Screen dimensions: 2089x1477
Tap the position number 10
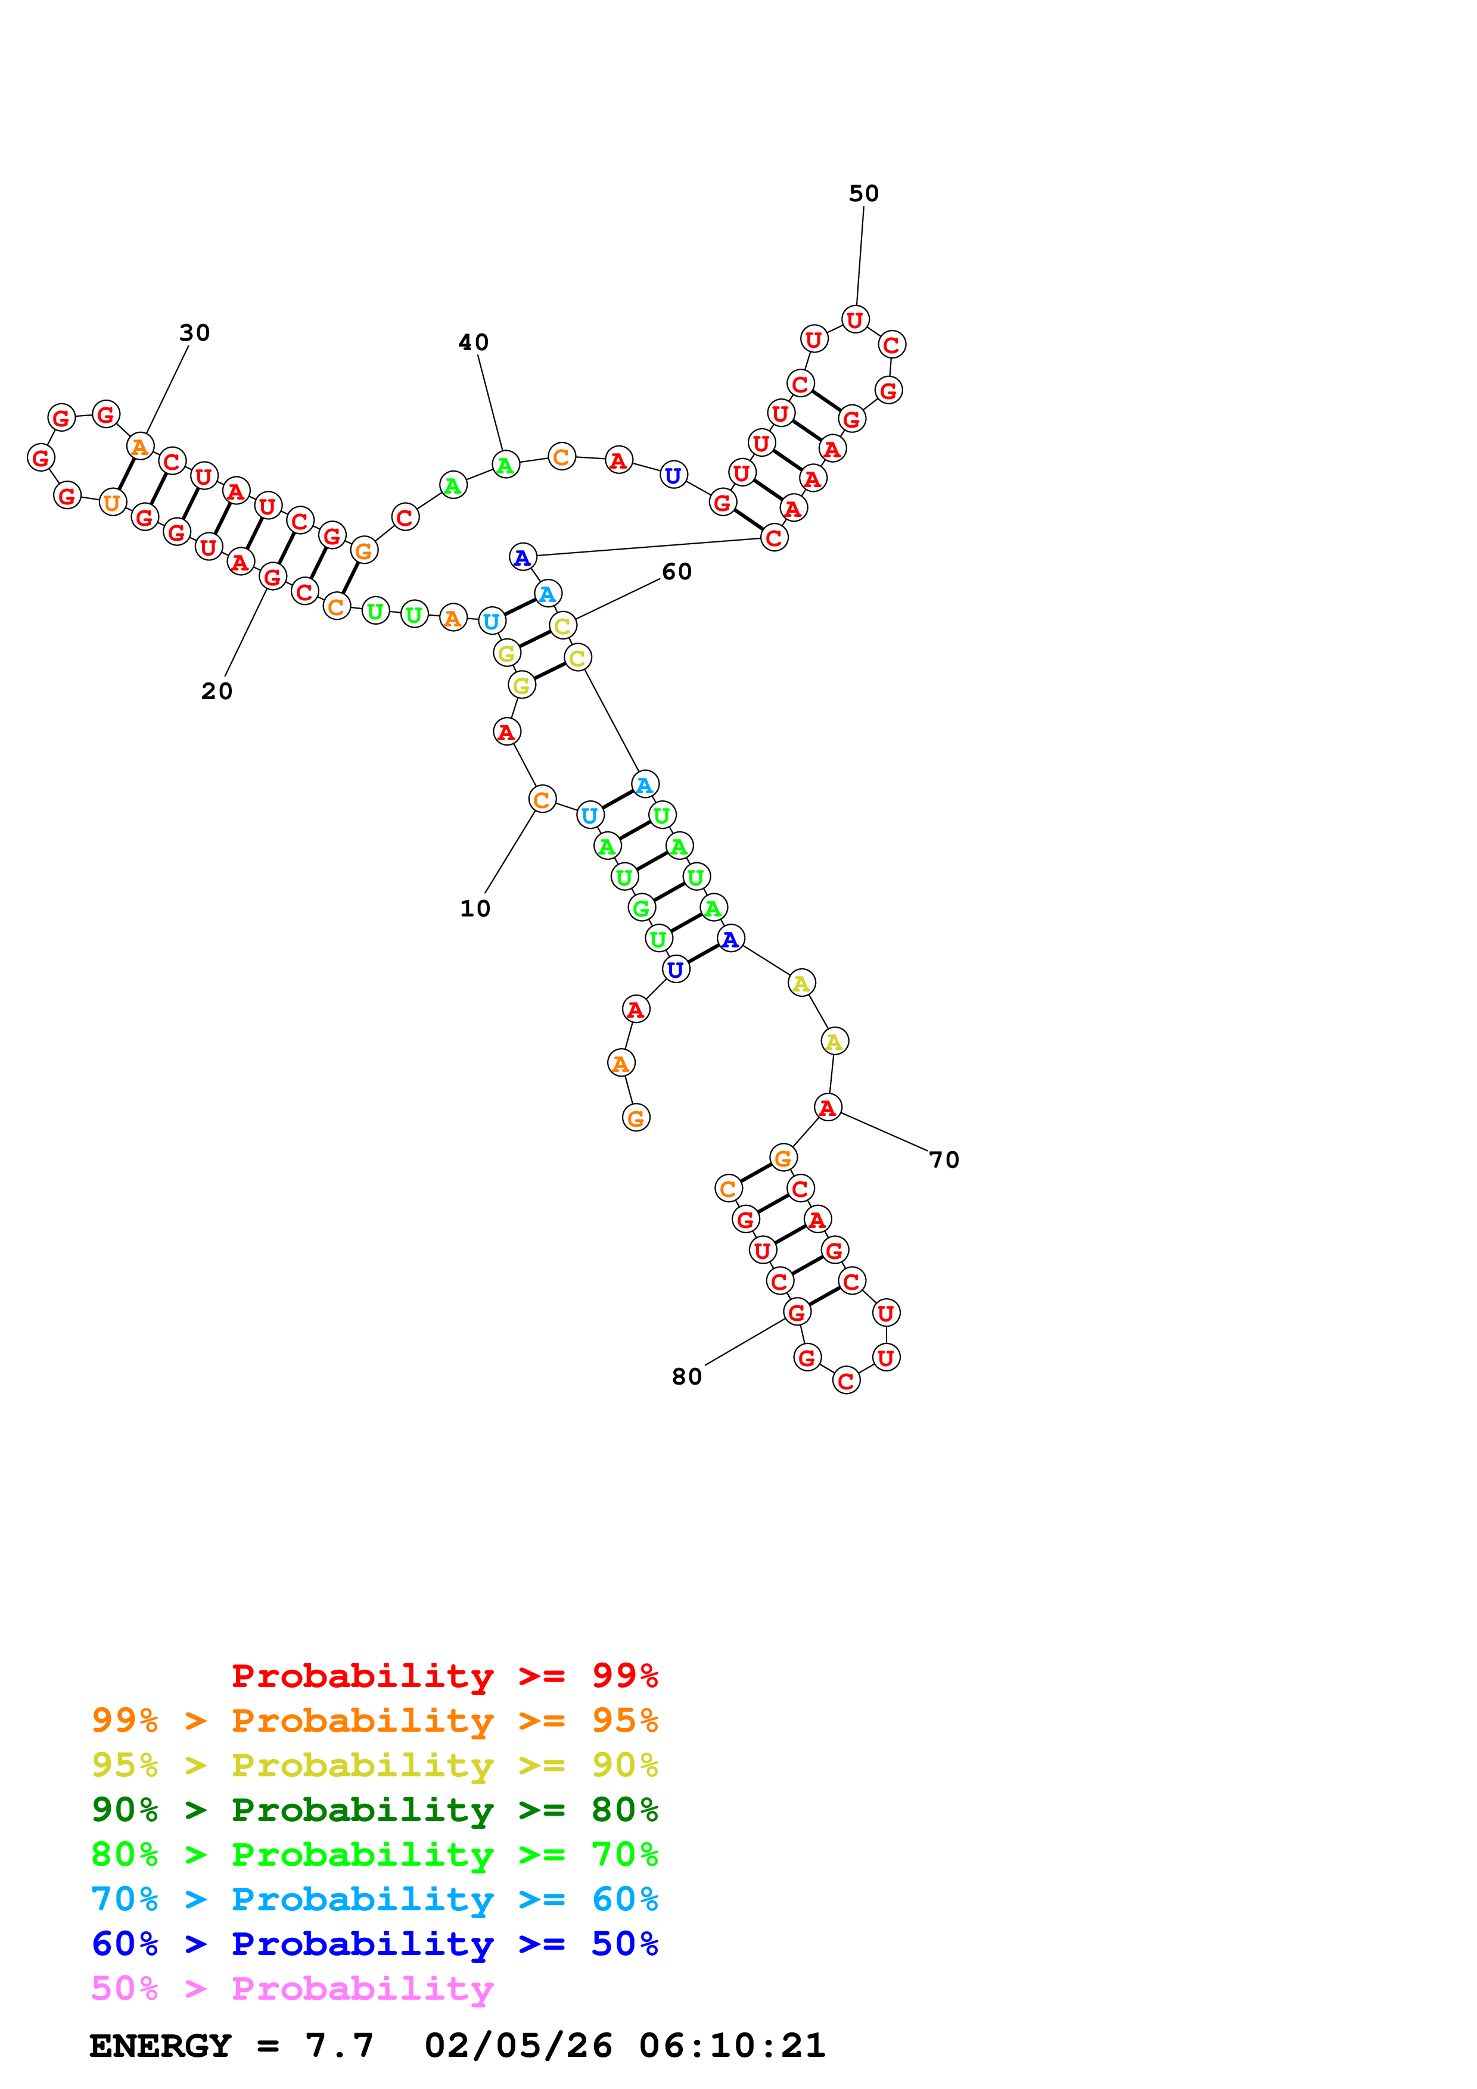(x=474, y=909)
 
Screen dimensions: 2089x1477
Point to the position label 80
(x=686, y=1377)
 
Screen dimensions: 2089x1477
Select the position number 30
(x=194, y=333)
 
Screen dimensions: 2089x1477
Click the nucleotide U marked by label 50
(x=854, y=320)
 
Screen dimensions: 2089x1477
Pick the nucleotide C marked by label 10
(x=542, y=800)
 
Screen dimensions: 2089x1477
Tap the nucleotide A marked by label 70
(x=826, y=1108)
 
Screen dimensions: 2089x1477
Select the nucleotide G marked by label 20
(x=272, y=577)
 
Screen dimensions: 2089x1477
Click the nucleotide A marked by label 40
(x=505, y=465)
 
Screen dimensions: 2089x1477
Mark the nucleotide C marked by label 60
(x=562, y=626)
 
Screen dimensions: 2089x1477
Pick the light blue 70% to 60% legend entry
(x=374, y=1899)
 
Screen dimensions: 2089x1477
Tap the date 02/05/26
(x=518, y=2046)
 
